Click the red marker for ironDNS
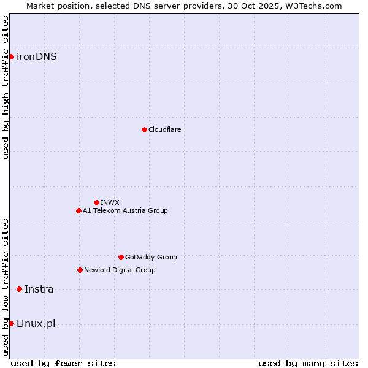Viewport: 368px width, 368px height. click(x=11, y=57)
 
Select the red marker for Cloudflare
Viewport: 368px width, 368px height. click(x=144, y=129)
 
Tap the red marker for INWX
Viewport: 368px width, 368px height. click(x=96, y=202)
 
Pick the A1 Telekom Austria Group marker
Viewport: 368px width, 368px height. click(x=79, y=210)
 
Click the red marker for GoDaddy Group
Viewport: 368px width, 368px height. click(x=121, y=257)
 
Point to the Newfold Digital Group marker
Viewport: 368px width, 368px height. click(x=80, y=270)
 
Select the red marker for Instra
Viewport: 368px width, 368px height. click(x=19, y=289)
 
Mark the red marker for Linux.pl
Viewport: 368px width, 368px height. click(x=11, y=323)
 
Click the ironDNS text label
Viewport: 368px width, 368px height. click(x=37, y=57)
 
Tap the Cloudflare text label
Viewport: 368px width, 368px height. click(x=164, y=129)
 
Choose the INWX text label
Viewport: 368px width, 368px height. click(x=110, y=202)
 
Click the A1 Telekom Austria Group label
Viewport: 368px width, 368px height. click(x=125, y=210)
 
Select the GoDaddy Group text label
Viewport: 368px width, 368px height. click(x=151, y=257)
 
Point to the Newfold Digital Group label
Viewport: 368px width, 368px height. click(x=120, y=270)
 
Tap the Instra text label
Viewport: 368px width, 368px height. click(x=39, y=289)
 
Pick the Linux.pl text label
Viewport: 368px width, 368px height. click(x=36, y=324)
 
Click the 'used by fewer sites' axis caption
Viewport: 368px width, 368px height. click(x=63, y=363)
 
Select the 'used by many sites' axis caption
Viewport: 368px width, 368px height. click(x=308, y=363)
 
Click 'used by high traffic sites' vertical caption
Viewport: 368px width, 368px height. click(x=6, y=87)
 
